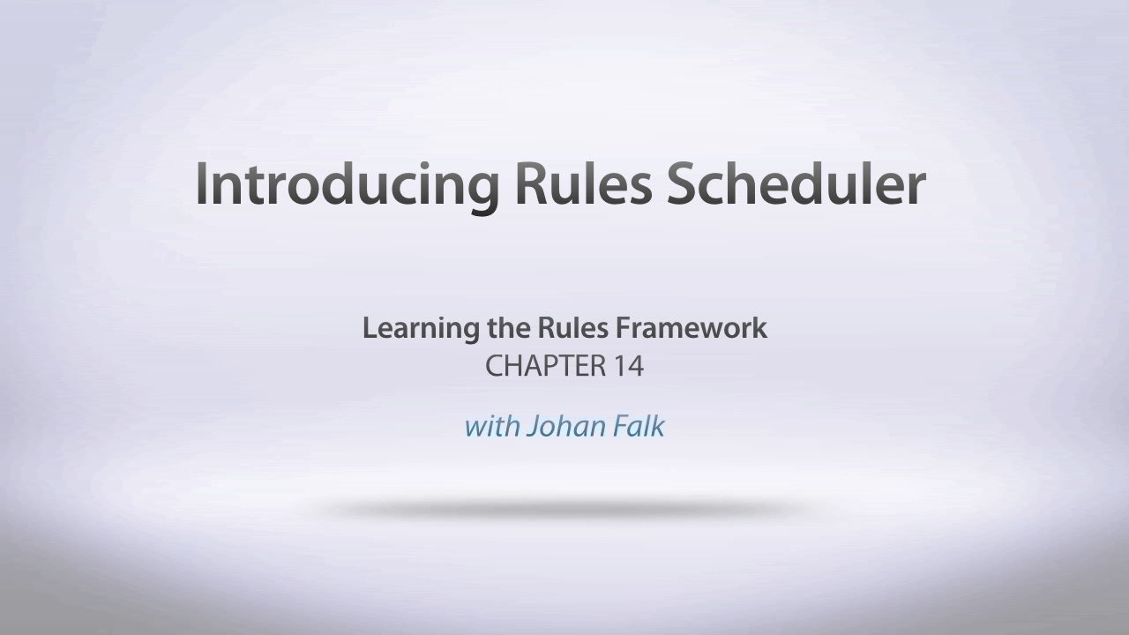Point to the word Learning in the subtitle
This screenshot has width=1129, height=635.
[420, 330]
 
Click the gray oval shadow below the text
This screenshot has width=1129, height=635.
[564, 508]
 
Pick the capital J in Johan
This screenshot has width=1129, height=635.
[532, 428]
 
